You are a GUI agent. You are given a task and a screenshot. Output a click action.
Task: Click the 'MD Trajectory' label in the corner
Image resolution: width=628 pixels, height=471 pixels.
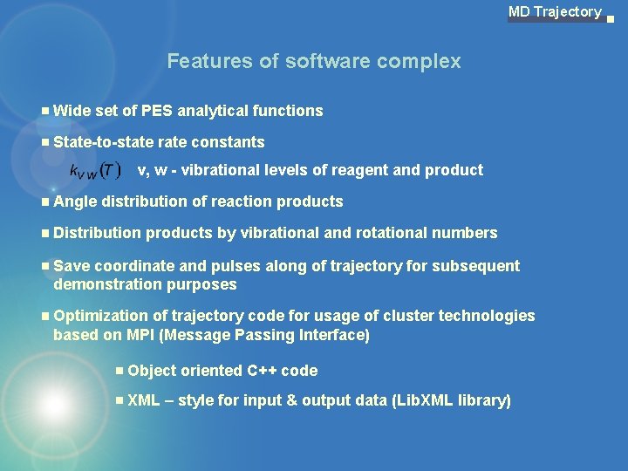click(x=555, y=11)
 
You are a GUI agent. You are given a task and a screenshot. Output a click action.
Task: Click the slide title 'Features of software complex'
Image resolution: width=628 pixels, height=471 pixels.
click(x=314, y=61)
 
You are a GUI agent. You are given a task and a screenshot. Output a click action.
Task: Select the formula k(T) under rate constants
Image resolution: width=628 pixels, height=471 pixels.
click(x=96, y=169)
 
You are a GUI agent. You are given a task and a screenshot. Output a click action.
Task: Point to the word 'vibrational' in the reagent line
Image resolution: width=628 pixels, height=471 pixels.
click(x=219, y=170)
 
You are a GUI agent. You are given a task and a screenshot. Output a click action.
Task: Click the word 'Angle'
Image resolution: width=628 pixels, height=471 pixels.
click(x=75, y=201)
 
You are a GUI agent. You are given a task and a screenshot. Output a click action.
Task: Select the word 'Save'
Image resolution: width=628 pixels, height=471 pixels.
click(x=72, y=266)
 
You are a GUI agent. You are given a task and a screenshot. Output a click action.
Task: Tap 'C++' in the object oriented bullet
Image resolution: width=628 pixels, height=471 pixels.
click(x=262, y=371)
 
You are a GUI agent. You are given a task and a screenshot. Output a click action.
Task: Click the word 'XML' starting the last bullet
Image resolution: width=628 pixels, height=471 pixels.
click(x=144, y=401)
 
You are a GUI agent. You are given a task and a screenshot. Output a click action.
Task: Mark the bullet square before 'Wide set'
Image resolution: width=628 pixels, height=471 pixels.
click(x=44, y=111)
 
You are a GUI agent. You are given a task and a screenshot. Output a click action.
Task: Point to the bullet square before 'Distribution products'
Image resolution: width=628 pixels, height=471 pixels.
click(x=44, y=233)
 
